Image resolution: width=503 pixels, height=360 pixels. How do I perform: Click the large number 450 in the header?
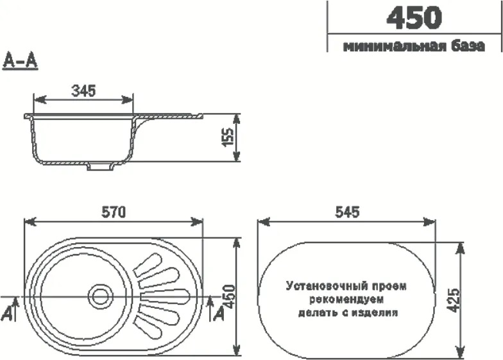pyautogui.click(x=414, y=17)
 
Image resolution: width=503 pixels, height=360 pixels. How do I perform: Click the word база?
pyautogui.click(x=463, y=47)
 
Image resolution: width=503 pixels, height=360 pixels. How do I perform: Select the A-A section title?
pyautogui.click(x=21, y=62)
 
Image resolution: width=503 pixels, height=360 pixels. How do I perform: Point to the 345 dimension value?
pyautogui.click(x=83, y=91)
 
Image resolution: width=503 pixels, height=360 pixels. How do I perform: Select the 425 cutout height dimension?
pyautogui.click(x=452, y=299)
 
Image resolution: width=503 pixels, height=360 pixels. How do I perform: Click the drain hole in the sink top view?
pyautogui.click(x=99, y=296)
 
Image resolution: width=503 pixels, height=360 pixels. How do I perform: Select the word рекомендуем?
pyautogui.click(x=345, y=300)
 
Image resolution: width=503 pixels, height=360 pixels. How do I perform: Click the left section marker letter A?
pyautogui.click(x=7, y=313)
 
